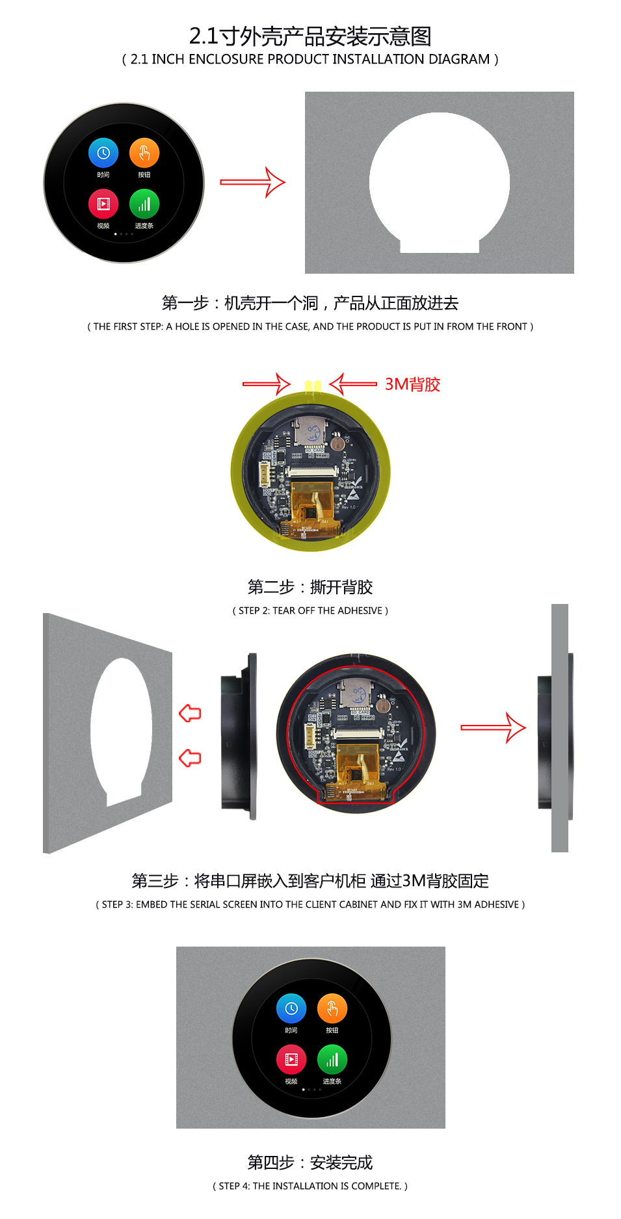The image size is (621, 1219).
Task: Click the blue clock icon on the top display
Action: point(103,153)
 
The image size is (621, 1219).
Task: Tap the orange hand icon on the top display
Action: point(144,153)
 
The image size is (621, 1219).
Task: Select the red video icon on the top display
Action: point(103,204)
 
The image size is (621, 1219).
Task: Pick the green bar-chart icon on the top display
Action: point(144,204)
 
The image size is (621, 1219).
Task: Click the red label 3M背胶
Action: point(412,384)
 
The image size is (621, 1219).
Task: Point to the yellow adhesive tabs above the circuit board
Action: point(313,386)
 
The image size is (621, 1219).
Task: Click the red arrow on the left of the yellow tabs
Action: point(266,384)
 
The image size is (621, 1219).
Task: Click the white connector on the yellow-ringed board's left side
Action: point(265,473)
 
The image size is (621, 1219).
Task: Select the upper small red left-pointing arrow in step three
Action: point(190,713)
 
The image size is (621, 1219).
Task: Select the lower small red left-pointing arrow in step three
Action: point(190,757)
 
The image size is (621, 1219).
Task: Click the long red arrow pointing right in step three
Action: point(493,727)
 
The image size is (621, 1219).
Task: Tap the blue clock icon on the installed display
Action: point(291,1008)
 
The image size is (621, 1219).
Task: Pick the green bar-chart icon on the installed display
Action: point(332,1060)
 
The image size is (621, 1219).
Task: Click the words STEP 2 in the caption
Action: point(254,610)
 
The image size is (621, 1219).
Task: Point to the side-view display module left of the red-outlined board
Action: point(239,735)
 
